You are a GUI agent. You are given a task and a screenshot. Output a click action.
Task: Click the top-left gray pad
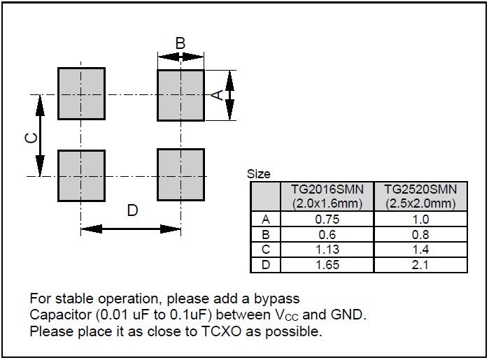pos(81,94)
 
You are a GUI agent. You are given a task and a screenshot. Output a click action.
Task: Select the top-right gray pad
pos(181,95)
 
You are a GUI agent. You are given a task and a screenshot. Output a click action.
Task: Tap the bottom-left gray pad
pos(81,175)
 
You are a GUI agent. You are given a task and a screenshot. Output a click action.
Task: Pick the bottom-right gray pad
pos(181,175)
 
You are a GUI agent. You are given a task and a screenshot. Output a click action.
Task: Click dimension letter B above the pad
pos(180,43)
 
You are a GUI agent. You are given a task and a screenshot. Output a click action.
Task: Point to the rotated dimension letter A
pos(218,95)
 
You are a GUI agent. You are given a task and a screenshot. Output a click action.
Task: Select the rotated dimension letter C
pos(31,138)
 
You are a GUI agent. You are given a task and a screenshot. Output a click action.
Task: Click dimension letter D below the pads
pos(132,210)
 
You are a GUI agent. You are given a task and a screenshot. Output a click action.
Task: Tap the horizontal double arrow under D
pos(131,229)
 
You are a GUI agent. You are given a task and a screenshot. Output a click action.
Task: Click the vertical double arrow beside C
pos(40,136)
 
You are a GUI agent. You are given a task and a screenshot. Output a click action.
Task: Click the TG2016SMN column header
pos(327,196)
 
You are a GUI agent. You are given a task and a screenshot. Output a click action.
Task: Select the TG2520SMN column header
pos(420,196)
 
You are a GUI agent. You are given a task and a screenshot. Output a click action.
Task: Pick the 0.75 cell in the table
pos(327,219)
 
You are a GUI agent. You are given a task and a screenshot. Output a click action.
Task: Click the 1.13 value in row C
pos(327,250)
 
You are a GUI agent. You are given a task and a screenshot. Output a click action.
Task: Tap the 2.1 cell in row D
pos(420,265)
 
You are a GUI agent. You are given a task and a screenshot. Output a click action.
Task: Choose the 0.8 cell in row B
pos(420,235)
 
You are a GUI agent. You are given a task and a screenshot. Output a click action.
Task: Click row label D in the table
pos(266,265)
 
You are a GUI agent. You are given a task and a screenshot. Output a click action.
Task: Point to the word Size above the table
pos(259,174)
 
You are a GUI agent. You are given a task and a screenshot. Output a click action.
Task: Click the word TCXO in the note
pos(222,331)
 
